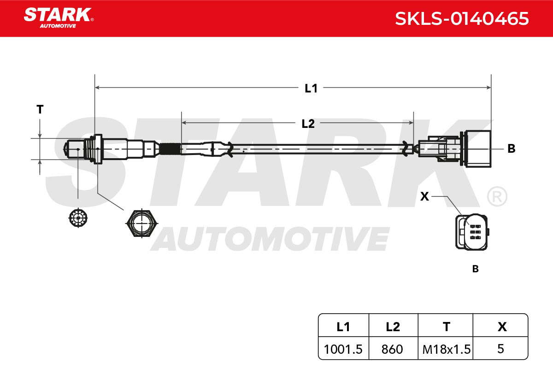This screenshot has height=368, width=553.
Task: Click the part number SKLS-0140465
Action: [x=462, y=19]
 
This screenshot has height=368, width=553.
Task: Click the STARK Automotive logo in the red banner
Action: [x=59, y=18]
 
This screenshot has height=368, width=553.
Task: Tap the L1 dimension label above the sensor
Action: [x=311, y=88]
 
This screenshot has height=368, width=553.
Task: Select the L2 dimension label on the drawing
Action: [x=308, y=123]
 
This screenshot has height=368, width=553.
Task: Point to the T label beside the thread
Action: [x=40, y=109]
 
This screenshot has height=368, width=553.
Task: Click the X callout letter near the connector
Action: [x=424, y=196]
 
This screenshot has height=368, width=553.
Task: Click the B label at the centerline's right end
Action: [x=511, y=149]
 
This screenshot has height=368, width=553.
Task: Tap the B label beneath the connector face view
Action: [x=475, y=269]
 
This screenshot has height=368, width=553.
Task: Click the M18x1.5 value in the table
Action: [x=447, y=349]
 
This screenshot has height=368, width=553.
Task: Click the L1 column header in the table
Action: [x=343, y=327]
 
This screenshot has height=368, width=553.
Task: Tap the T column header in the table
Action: [x=447, y=327]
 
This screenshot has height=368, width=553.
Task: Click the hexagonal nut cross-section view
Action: [x=142, y=223]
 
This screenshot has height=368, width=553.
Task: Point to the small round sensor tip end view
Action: [x=78, y=218]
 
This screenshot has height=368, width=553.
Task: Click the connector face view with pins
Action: [x=472, y=231]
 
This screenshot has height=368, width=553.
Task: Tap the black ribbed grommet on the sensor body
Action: [x=170, y=149]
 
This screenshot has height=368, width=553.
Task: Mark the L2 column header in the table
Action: [x=393, y=327]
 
